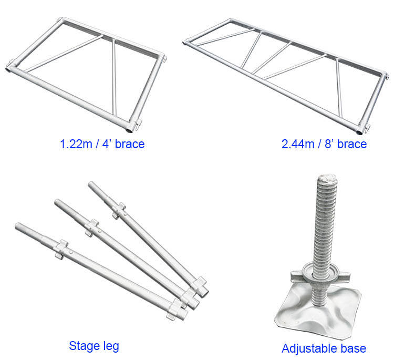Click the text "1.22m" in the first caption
pyautogui.click(x=76, y=144)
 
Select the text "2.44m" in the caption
pyautogui.click(x=298, y=144)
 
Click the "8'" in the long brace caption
pyautogui.click(x=328, y=144)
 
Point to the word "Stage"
pyautogui.click(x=85, y=346)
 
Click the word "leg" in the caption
pyautogui.click(x=111, y=346)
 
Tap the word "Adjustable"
pyautogui.click(x=309, y=348)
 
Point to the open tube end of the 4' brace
pyautogui.click(x=129, y=130)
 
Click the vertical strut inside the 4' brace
pyautogui.click(x=114, y=77)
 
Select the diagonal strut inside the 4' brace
pyautogui.click(x=64, y=54)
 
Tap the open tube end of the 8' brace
pyautogui.click(x=360, y=132)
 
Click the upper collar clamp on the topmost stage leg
pyautogui.click(x=119, y=210)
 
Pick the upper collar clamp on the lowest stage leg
pyautogui.click(x=61, y=249)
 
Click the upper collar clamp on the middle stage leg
pyautogui.click(x=91, y=228)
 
